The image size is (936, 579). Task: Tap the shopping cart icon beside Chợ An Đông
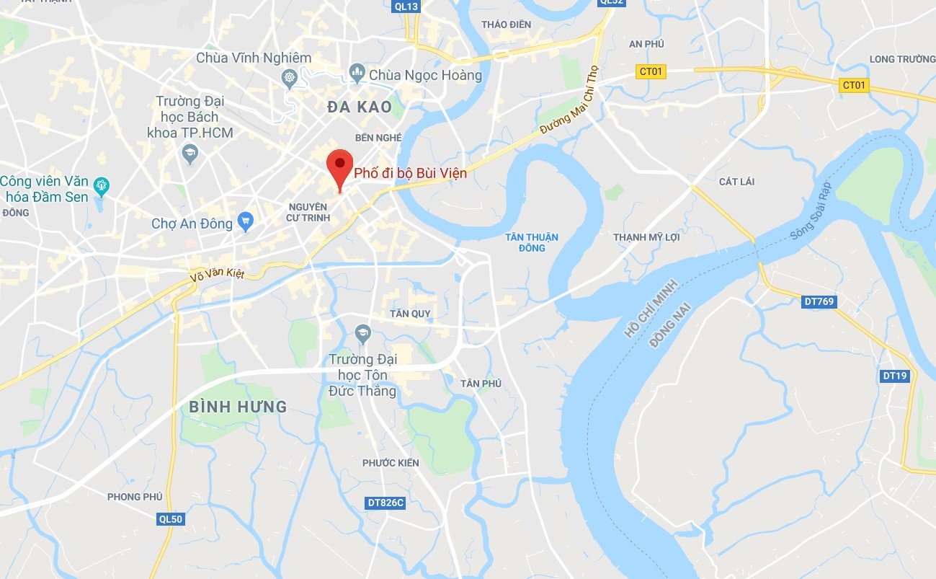tap(246, 222)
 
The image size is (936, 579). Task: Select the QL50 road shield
tap(171, 518)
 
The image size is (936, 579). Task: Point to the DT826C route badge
tap(385, 503)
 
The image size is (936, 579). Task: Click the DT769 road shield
tap(819, 302)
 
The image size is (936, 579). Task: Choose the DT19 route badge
tap(895, 376)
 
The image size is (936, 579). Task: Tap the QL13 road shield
tap(406, 6)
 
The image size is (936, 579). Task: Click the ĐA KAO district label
tap(360, 107)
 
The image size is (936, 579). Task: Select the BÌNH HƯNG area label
tap(238, 407)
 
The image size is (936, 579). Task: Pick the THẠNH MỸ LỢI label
tap(646, 237)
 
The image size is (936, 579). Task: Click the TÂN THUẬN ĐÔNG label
tap(532, 242)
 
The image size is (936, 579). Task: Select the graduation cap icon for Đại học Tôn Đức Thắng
tap(362, 334)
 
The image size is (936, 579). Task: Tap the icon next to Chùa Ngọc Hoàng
tap(356, 73)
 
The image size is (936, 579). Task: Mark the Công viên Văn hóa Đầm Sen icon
tap(102, 186)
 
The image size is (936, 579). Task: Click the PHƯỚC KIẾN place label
tap(391, 463)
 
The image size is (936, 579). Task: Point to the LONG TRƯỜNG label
tap(902, 59)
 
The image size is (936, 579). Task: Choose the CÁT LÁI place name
tap(736, 181)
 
